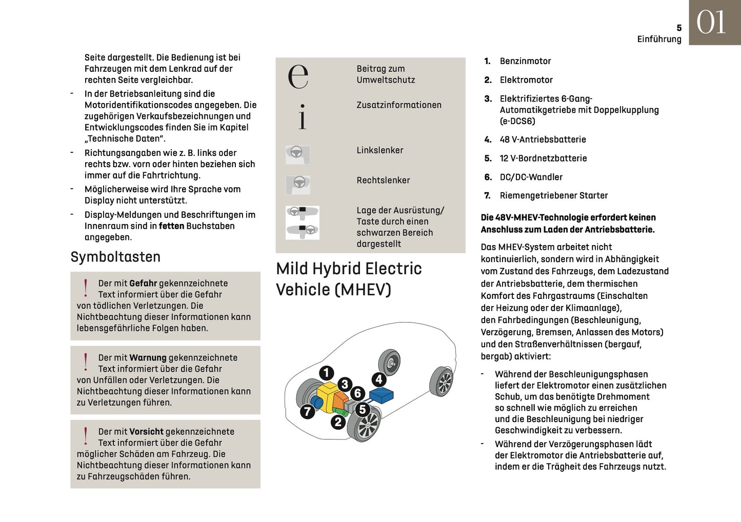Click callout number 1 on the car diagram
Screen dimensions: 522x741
pos(326,373)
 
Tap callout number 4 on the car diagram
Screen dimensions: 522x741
pos(379,379)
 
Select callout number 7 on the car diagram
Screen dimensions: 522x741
pos(307,411)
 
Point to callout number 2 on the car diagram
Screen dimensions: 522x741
pos(337,422)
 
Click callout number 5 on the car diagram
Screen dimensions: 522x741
pos(363,409)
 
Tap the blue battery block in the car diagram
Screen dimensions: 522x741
pos(381,395)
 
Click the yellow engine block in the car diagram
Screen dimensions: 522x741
pos(326,394)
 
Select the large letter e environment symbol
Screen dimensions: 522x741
pos(298,76)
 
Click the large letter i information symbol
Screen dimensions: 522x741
pos(303,116)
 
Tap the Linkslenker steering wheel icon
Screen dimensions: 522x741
pos(297,154)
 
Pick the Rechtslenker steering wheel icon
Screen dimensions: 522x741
pos(298,184)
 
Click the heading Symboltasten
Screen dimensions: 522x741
pos(115,257)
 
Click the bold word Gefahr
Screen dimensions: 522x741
pos(143,283)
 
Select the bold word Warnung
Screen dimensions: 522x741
pos(148,357)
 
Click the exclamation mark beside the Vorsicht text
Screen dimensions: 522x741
pos(86,436)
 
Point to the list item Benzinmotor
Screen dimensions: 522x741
pos(525,61)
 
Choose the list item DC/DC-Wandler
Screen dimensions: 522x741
pos(531,177)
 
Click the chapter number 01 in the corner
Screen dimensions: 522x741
pos(711,23)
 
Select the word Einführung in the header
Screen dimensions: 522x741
pos(659,39)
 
